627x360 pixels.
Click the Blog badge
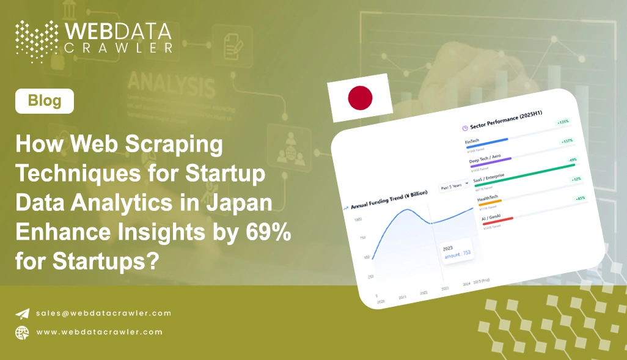[x=45, y=101]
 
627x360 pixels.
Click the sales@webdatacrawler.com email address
[x=103, y=313]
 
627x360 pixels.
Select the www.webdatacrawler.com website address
[x=99, y=332]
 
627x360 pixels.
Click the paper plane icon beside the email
[x=22, y=314]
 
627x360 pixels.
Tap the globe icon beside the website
[x=22, y=332]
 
